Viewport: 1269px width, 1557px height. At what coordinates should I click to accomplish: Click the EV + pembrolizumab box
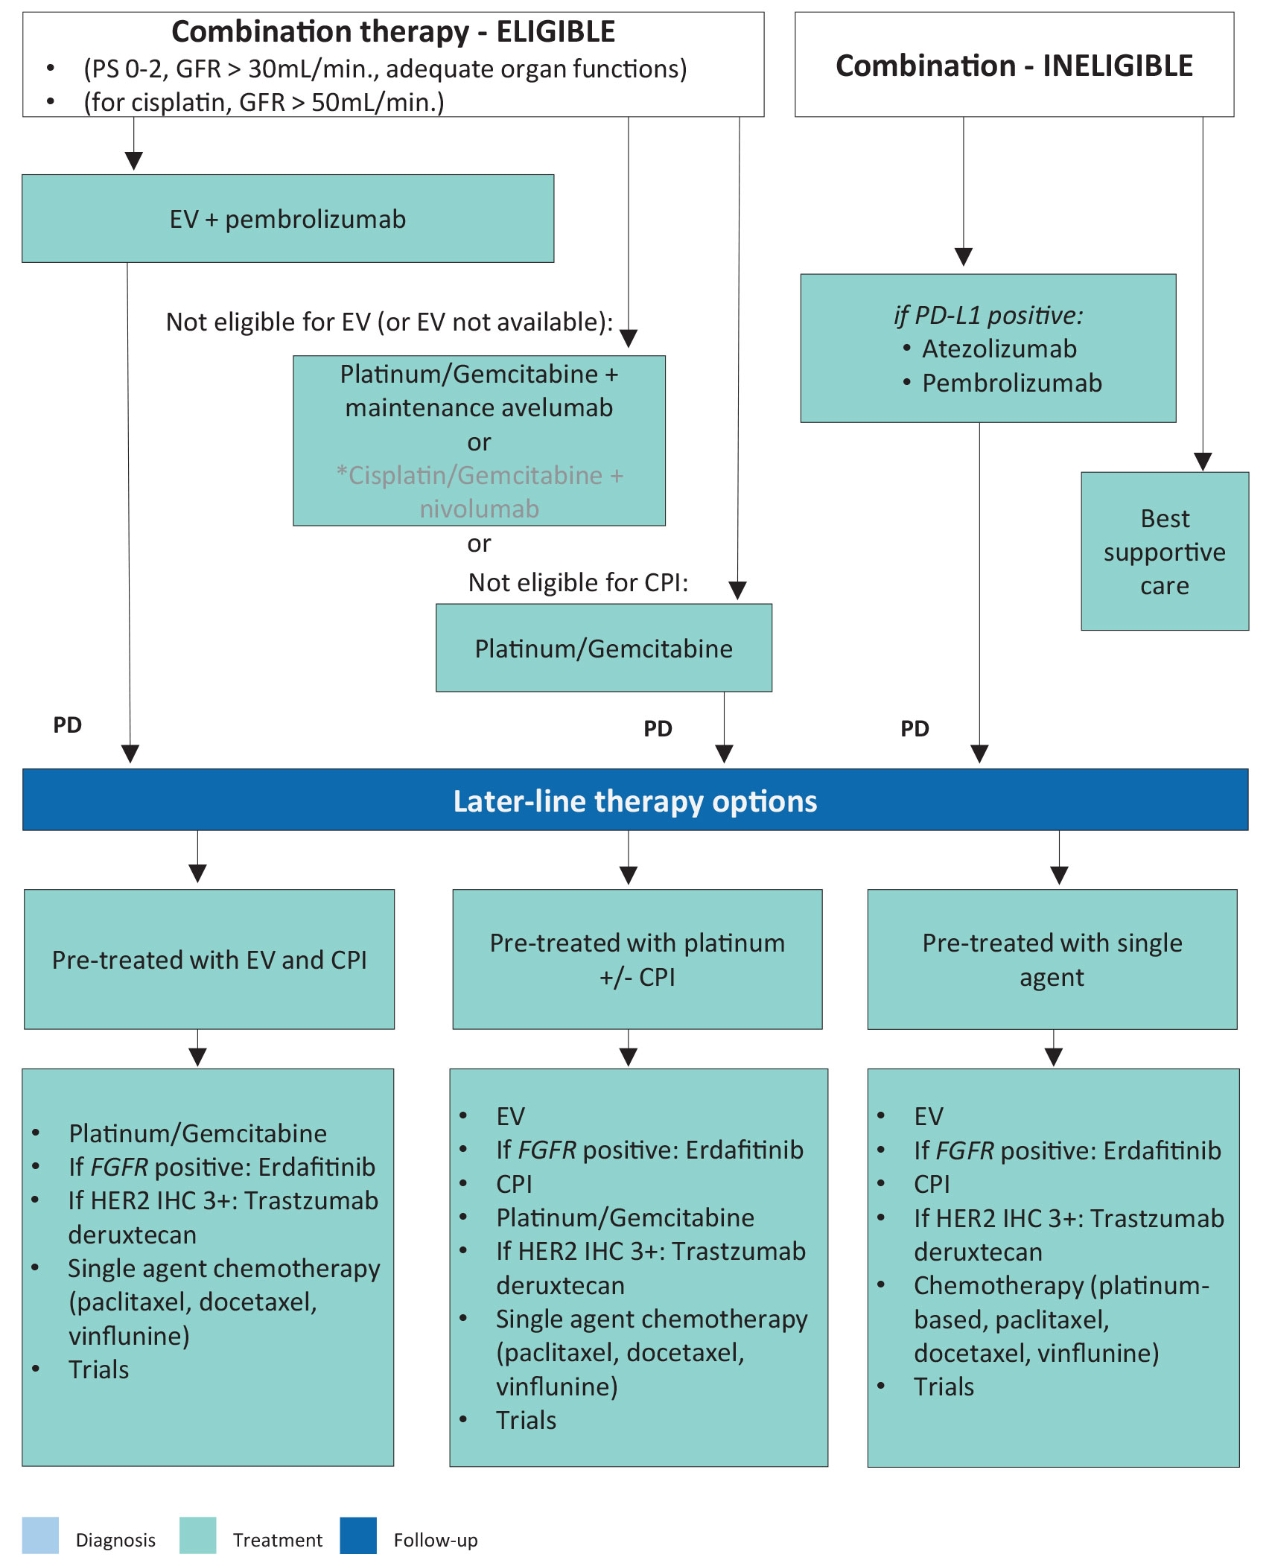[287, 219]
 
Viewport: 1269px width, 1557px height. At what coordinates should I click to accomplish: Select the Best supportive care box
[1164, 552]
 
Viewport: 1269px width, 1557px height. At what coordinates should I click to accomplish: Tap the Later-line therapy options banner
[634, 800]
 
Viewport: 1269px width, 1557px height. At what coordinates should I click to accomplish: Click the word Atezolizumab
[999, 348]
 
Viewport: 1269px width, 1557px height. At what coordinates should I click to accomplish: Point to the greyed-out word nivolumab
[479, 509]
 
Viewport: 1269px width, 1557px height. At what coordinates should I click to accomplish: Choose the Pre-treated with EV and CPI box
[209, 959]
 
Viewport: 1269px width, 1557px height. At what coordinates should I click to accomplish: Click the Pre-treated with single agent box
[1052, 959]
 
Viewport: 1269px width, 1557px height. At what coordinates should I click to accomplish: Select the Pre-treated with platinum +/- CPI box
[637, 959]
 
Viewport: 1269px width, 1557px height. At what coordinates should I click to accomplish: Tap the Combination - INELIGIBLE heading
[1014, 66]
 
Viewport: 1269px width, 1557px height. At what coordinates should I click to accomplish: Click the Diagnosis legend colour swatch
[40, 1535]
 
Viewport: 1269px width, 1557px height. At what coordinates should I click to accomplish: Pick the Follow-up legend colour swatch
[358, 1535]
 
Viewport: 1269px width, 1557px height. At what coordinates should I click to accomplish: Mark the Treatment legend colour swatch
[198, 1535]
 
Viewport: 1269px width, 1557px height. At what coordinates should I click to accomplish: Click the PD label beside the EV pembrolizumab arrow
[67, 725]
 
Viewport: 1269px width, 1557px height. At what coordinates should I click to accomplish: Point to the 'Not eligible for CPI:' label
[578, 582]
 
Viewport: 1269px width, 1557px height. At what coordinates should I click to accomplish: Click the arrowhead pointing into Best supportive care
[1203, 462]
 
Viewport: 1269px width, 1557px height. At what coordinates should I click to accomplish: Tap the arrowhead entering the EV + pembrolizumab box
[134, 161]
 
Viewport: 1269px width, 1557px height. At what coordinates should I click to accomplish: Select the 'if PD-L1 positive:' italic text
[988, 316]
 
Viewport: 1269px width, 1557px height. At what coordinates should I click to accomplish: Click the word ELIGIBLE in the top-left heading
[556, 32]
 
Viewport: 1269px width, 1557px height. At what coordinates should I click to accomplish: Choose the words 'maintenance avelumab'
[479, 408]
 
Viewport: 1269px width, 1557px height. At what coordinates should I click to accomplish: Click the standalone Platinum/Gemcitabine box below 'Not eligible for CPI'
[603, 648]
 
